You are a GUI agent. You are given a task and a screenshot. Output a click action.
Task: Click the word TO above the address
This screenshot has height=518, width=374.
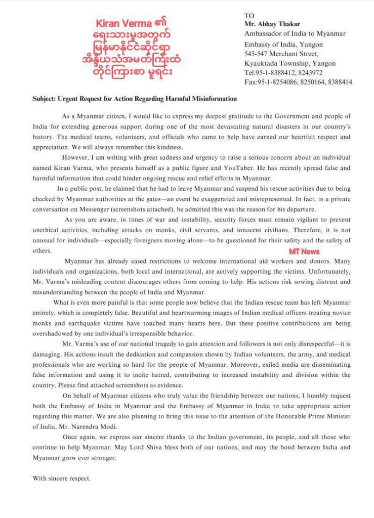coord(249,16)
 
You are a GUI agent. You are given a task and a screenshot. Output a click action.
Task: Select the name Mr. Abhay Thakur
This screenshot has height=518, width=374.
coord(271,24)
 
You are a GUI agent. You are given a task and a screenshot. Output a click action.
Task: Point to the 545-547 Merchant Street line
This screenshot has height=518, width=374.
coord(281,54)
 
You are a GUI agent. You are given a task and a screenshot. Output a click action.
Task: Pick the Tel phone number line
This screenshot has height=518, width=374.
coord(283,73)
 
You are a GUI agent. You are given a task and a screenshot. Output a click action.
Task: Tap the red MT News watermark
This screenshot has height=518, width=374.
coord(304,251)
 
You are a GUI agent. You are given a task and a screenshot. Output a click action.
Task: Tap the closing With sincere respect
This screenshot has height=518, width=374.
coord(61,478)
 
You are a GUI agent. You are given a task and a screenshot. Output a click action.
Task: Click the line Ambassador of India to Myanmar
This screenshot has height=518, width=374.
coord(295,34)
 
